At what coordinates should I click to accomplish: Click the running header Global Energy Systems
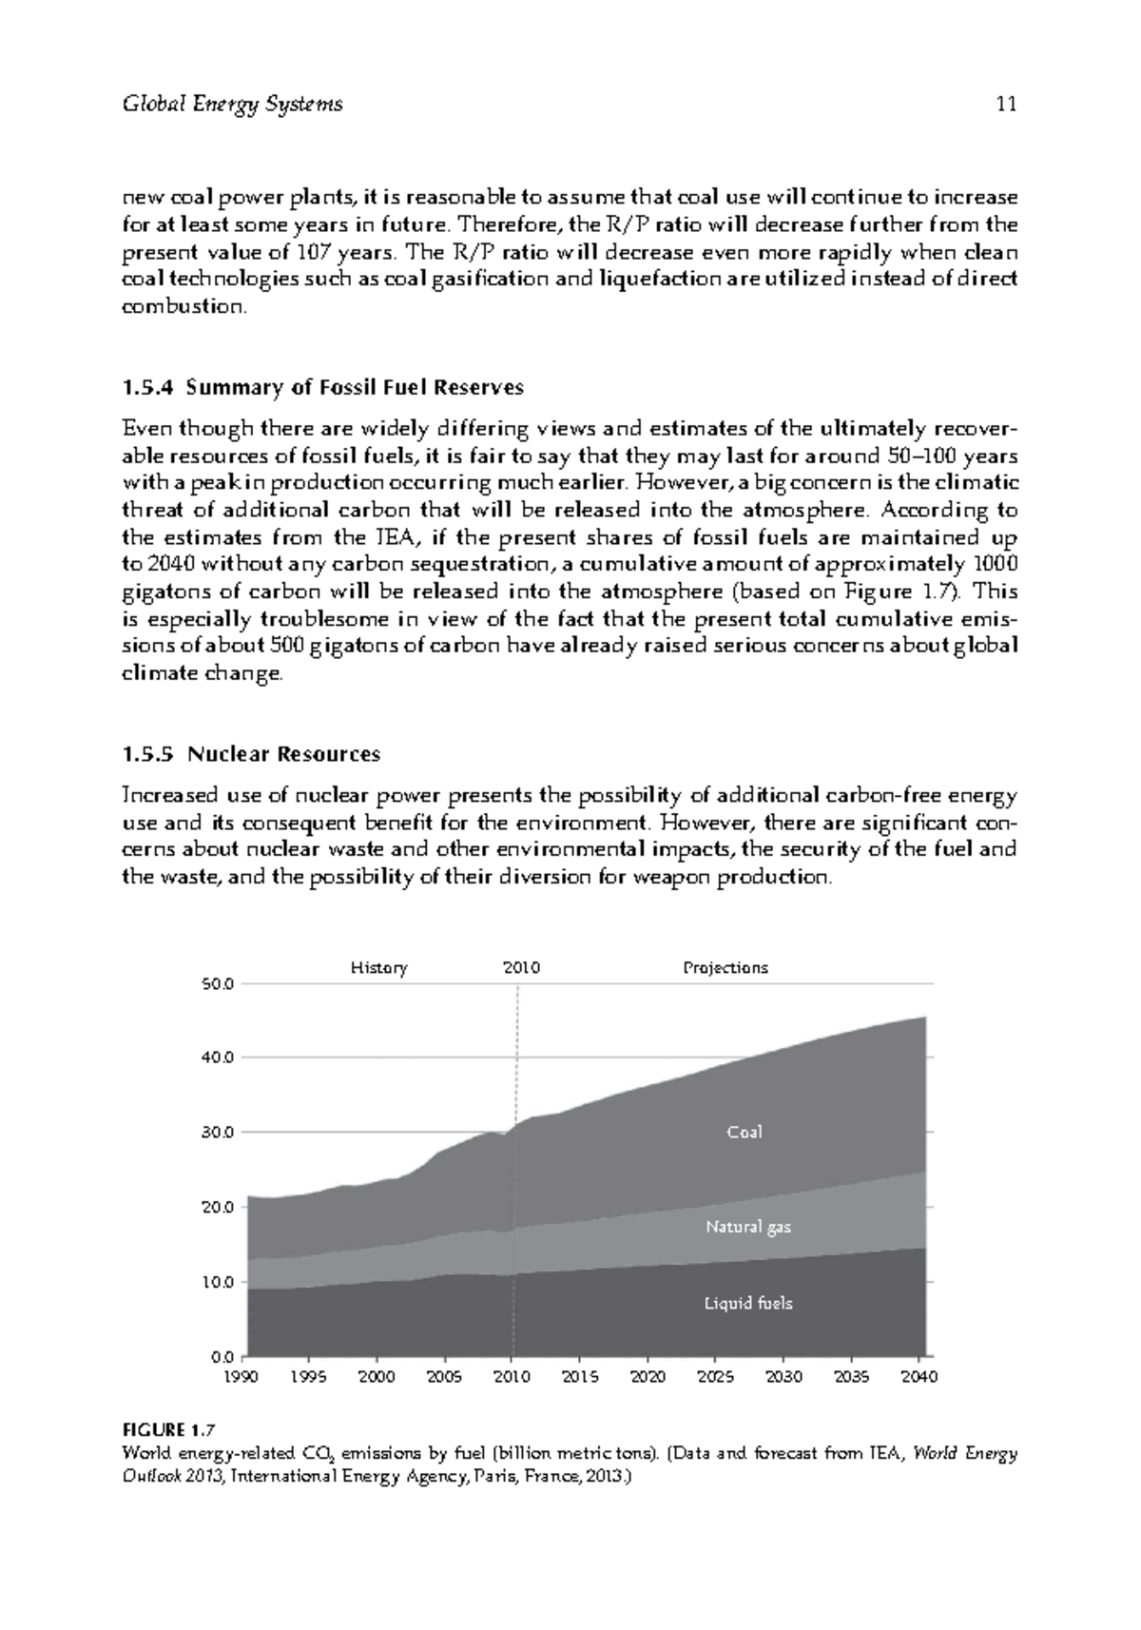(232, 105)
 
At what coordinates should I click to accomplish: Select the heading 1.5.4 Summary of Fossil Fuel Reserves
(323, 388)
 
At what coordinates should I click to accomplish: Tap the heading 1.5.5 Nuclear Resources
(251, 754)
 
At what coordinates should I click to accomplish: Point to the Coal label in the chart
(745, 1132)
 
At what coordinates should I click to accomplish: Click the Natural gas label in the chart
(748, 1227)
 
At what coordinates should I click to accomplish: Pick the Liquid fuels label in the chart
(747, 1303)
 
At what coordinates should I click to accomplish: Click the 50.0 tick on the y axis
(218, 983)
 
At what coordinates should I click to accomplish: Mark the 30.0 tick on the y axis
(218, 1133)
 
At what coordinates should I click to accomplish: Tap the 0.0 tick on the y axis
(222, 1356)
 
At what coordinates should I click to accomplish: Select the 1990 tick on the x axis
(245, 1377)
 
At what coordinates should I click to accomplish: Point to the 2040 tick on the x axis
(919, 1377)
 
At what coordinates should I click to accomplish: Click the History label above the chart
(378, 968)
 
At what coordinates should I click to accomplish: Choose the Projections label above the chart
(725, 968)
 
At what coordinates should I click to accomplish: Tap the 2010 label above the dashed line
(521, 968)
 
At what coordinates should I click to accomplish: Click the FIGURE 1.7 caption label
(169, 1429)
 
